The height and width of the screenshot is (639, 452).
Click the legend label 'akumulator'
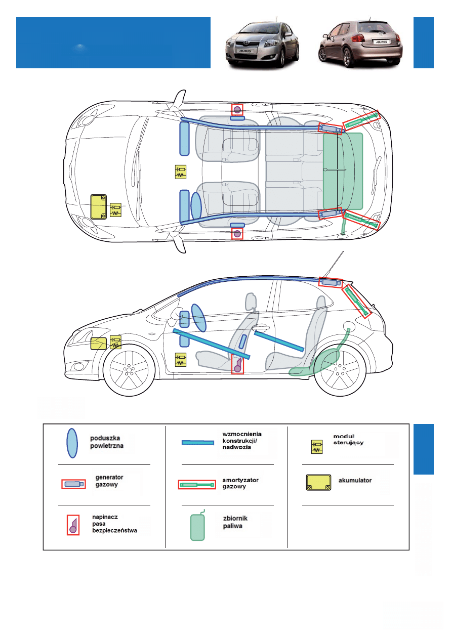355,480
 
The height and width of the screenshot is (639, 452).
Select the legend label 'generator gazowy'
110,481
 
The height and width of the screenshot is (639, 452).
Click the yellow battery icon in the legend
318,482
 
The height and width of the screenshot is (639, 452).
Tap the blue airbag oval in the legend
72,443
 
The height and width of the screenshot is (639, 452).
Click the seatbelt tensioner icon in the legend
73,525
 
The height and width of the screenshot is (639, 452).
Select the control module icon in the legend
317,447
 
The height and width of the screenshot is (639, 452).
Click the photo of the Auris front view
262,44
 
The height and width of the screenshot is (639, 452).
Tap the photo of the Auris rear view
360,44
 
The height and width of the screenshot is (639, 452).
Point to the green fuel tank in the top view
343,171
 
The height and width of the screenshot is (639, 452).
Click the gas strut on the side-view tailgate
357,301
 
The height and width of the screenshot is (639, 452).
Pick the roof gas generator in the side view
331,282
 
